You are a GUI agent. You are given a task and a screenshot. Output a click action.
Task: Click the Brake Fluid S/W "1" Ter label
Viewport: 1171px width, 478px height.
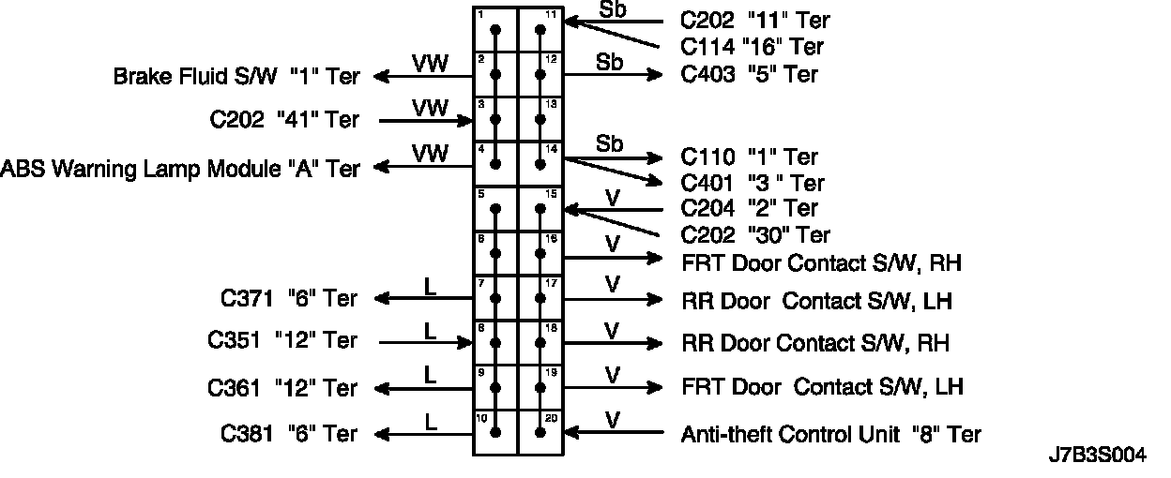tap(236, 77)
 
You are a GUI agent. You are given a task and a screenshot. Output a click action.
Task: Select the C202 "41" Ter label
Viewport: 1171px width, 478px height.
tap(284, 120)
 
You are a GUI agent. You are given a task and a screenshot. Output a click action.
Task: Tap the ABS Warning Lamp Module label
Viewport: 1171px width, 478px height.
tap(180, 169)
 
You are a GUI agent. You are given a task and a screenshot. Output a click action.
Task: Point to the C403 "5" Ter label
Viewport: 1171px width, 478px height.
tap(749, 74)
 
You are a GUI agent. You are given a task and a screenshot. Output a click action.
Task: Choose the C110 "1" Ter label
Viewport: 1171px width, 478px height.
tap(749, 157)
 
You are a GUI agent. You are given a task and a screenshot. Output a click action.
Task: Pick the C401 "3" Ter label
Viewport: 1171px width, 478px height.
tap(752, 183)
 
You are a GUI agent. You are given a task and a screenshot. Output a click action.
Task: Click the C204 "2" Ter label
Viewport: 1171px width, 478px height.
tap(749, 208)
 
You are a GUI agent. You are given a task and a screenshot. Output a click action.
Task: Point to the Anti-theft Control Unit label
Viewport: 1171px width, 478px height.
tap(831, 434)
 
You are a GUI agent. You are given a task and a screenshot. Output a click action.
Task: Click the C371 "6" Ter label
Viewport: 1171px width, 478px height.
tap(289, 299)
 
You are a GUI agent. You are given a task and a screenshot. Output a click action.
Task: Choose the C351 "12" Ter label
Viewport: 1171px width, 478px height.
tap(282, 341)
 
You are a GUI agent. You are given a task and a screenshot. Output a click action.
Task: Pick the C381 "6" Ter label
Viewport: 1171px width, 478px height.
tap(289, 434)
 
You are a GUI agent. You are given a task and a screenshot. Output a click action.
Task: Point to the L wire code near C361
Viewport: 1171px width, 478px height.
tap(431, 374)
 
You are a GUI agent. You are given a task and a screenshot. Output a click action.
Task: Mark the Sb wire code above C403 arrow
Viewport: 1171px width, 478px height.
tap(610, 62)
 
